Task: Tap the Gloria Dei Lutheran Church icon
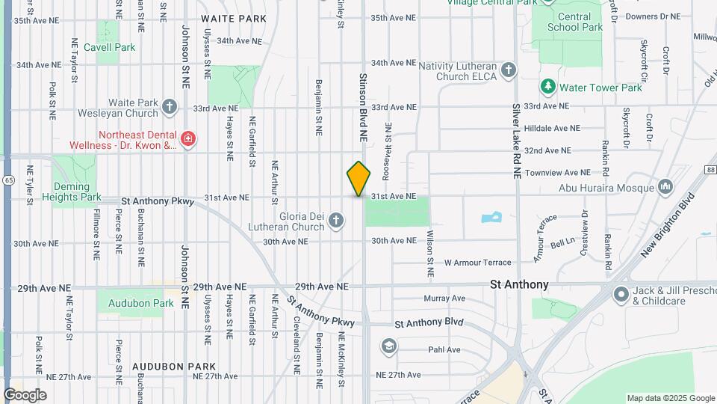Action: coord(336,220)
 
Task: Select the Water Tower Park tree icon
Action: coord(547,88)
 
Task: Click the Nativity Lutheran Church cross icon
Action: coord(508,70)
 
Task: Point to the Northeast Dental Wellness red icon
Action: coord(187,138)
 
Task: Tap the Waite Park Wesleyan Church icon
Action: coord(170,107)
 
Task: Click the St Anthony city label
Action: coord(519,284)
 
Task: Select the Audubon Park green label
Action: coord(140,304)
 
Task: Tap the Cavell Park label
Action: coord(110,47)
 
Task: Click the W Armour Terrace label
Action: coord(477,263)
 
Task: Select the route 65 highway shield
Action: coord(7,180)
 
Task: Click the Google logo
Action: coord(25,394)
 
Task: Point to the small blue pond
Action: coord(491,218)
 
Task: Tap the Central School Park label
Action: coord(574,22)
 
